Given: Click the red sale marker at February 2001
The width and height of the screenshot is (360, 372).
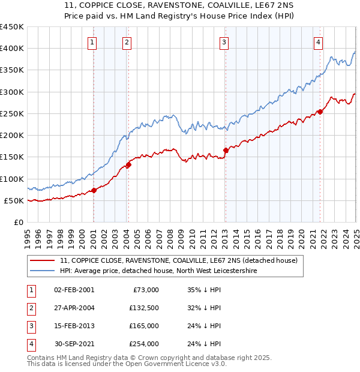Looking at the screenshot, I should (x=94, y=191).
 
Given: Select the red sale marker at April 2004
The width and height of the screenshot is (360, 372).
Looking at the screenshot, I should (x=128, y=164).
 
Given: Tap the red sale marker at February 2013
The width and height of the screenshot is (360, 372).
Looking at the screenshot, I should (x=226, y=151).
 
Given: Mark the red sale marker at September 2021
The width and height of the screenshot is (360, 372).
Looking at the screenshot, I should (x=320, y=112).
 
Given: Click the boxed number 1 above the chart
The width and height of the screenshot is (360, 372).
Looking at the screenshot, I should (x=92, y=42).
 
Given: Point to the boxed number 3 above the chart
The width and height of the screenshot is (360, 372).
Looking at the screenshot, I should (x=223, y=42).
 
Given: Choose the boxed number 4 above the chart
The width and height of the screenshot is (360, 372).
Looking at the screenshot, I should (x=318, y=42).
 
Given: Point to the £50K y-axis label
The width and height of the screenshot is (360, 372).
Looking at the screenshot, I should (x=14, y=201).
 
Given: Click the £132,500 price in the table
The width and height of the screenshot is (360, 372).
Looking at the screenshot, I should (x=143, y=308).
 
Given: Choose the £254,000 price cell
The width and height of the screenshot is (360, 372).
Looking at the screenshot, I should (x=143, y=344).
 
